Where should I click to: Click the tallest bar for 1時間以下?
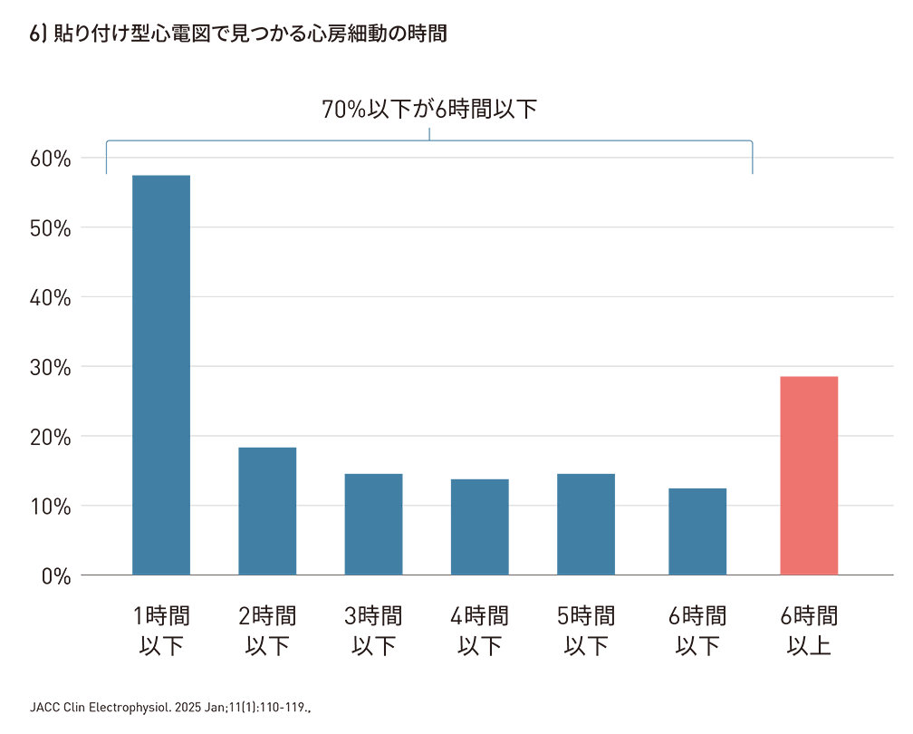point(161,374)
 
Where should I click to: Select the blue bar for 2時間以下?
point(267,511)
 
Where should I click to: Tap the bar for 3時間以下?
point(373,524)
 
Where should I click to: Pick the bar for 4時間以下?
point(479,526)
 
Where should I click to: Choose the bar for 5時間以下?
point(586,524)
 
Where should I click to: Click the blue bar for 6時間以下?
point(697,531)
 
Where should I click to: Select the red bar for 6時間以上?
point(809,475)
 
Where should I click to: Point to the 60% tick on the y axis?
point(51,159)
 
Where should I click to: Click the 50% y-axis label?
point(51,227)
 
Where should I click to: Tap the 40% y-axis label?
point(51,297)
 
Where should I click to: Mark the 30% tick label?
point(51,367)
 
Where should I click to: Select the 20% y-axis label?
point(51,437)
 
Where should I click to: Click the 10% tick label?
point(51,506)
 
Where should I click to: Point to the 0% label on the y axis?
point(56,575)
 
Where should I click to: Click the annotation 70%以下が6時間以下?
point(429,111)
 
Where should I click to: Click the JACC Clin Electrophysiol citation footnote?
point(171,705)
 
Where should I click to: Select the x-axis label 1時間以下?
point(161,632)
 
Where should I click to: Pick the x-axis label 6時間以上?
point(809,632)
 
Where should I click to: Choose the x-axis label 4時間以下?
point(479,632)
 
